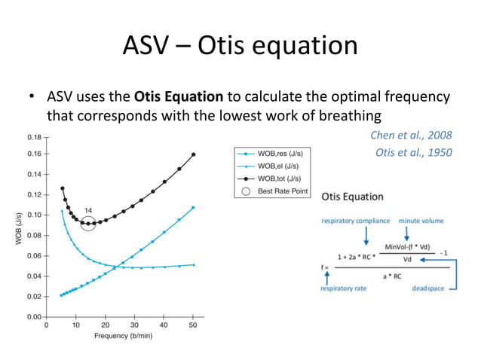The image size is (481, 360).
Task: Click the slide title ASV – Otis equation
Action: click(240, 46)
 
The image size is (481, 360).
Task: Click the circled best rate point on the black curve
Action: click(87, 224)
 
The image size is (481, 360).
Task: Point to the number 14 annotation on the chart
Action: click(87, 209)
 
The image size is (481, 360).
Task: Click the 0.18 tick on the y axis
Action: click(34, 138)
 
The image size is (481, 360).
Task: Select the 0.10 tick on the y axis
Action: click(34, 215)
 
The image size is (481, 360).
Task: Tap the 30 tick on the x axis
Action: click(134, 325)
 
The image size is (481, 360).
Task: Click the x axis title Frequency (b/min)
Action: click(121, 336)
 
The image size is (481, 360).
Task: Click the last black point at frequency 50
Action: click(193, 154)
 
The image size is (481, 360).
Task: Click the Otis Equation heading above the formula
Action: click(352, 197)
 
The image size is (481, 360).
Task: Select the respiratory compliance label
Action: click(356, 221)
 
